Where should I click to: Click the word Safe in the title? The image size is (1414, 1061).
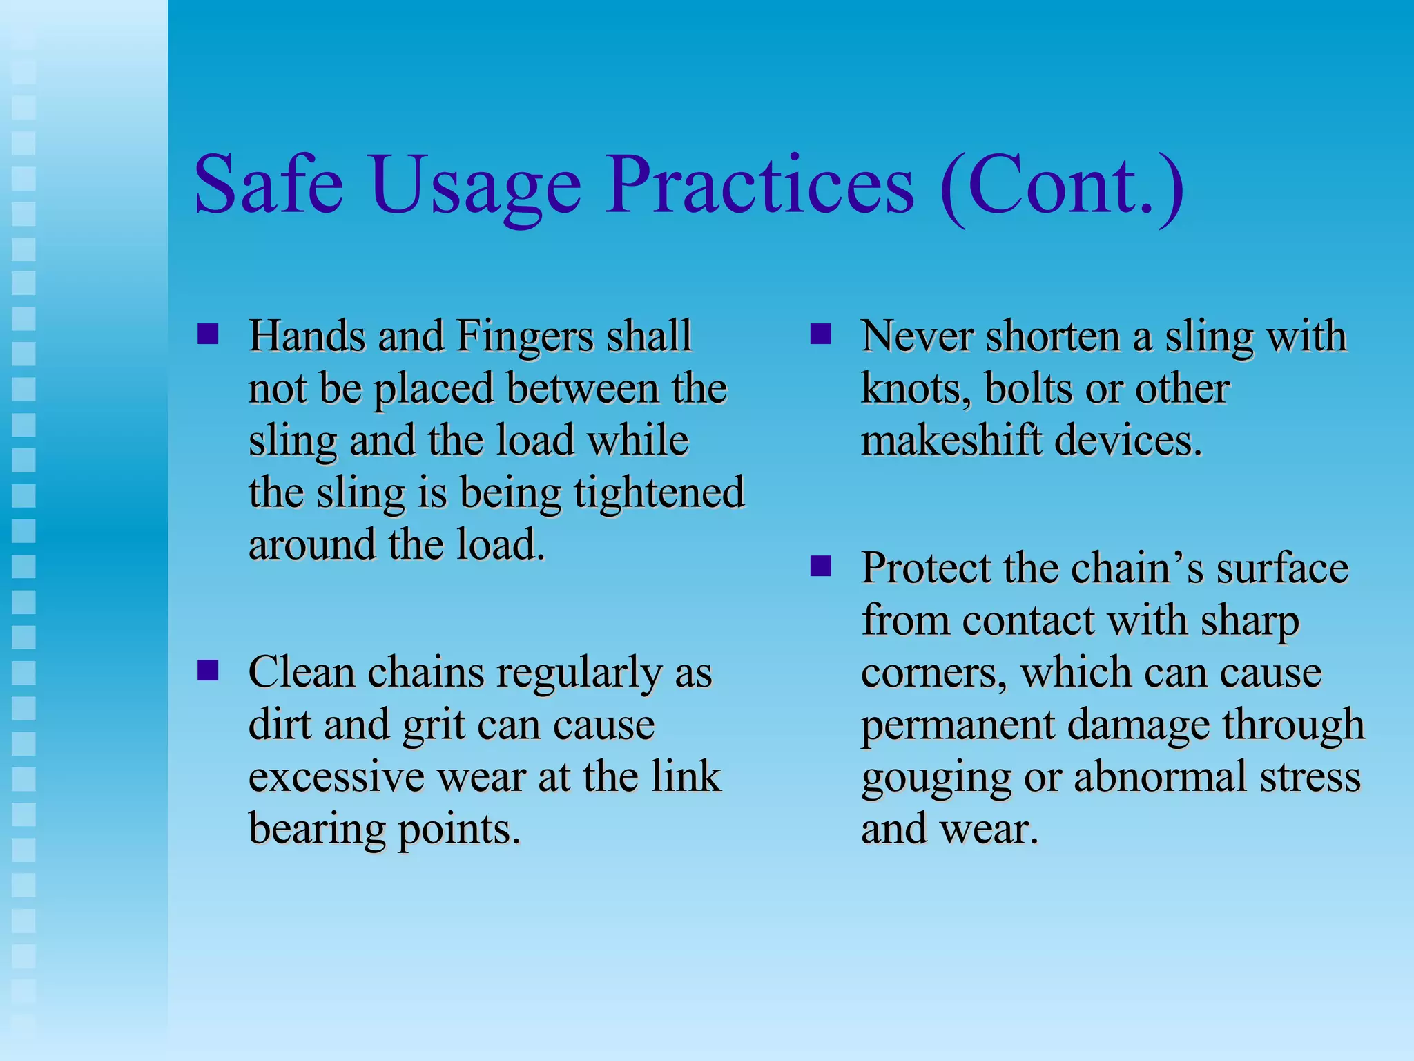269,185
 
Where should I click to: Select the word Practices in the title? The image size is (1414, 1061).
760,185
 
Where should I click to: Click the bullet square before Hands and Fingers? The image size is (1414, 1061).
208,334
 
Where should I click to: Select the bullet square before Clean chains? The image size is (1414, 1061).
208,670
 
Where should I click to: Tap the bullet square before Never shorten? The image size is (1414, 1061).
820,334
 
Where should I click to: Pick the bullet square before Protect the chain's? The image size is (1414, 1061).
820,566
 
